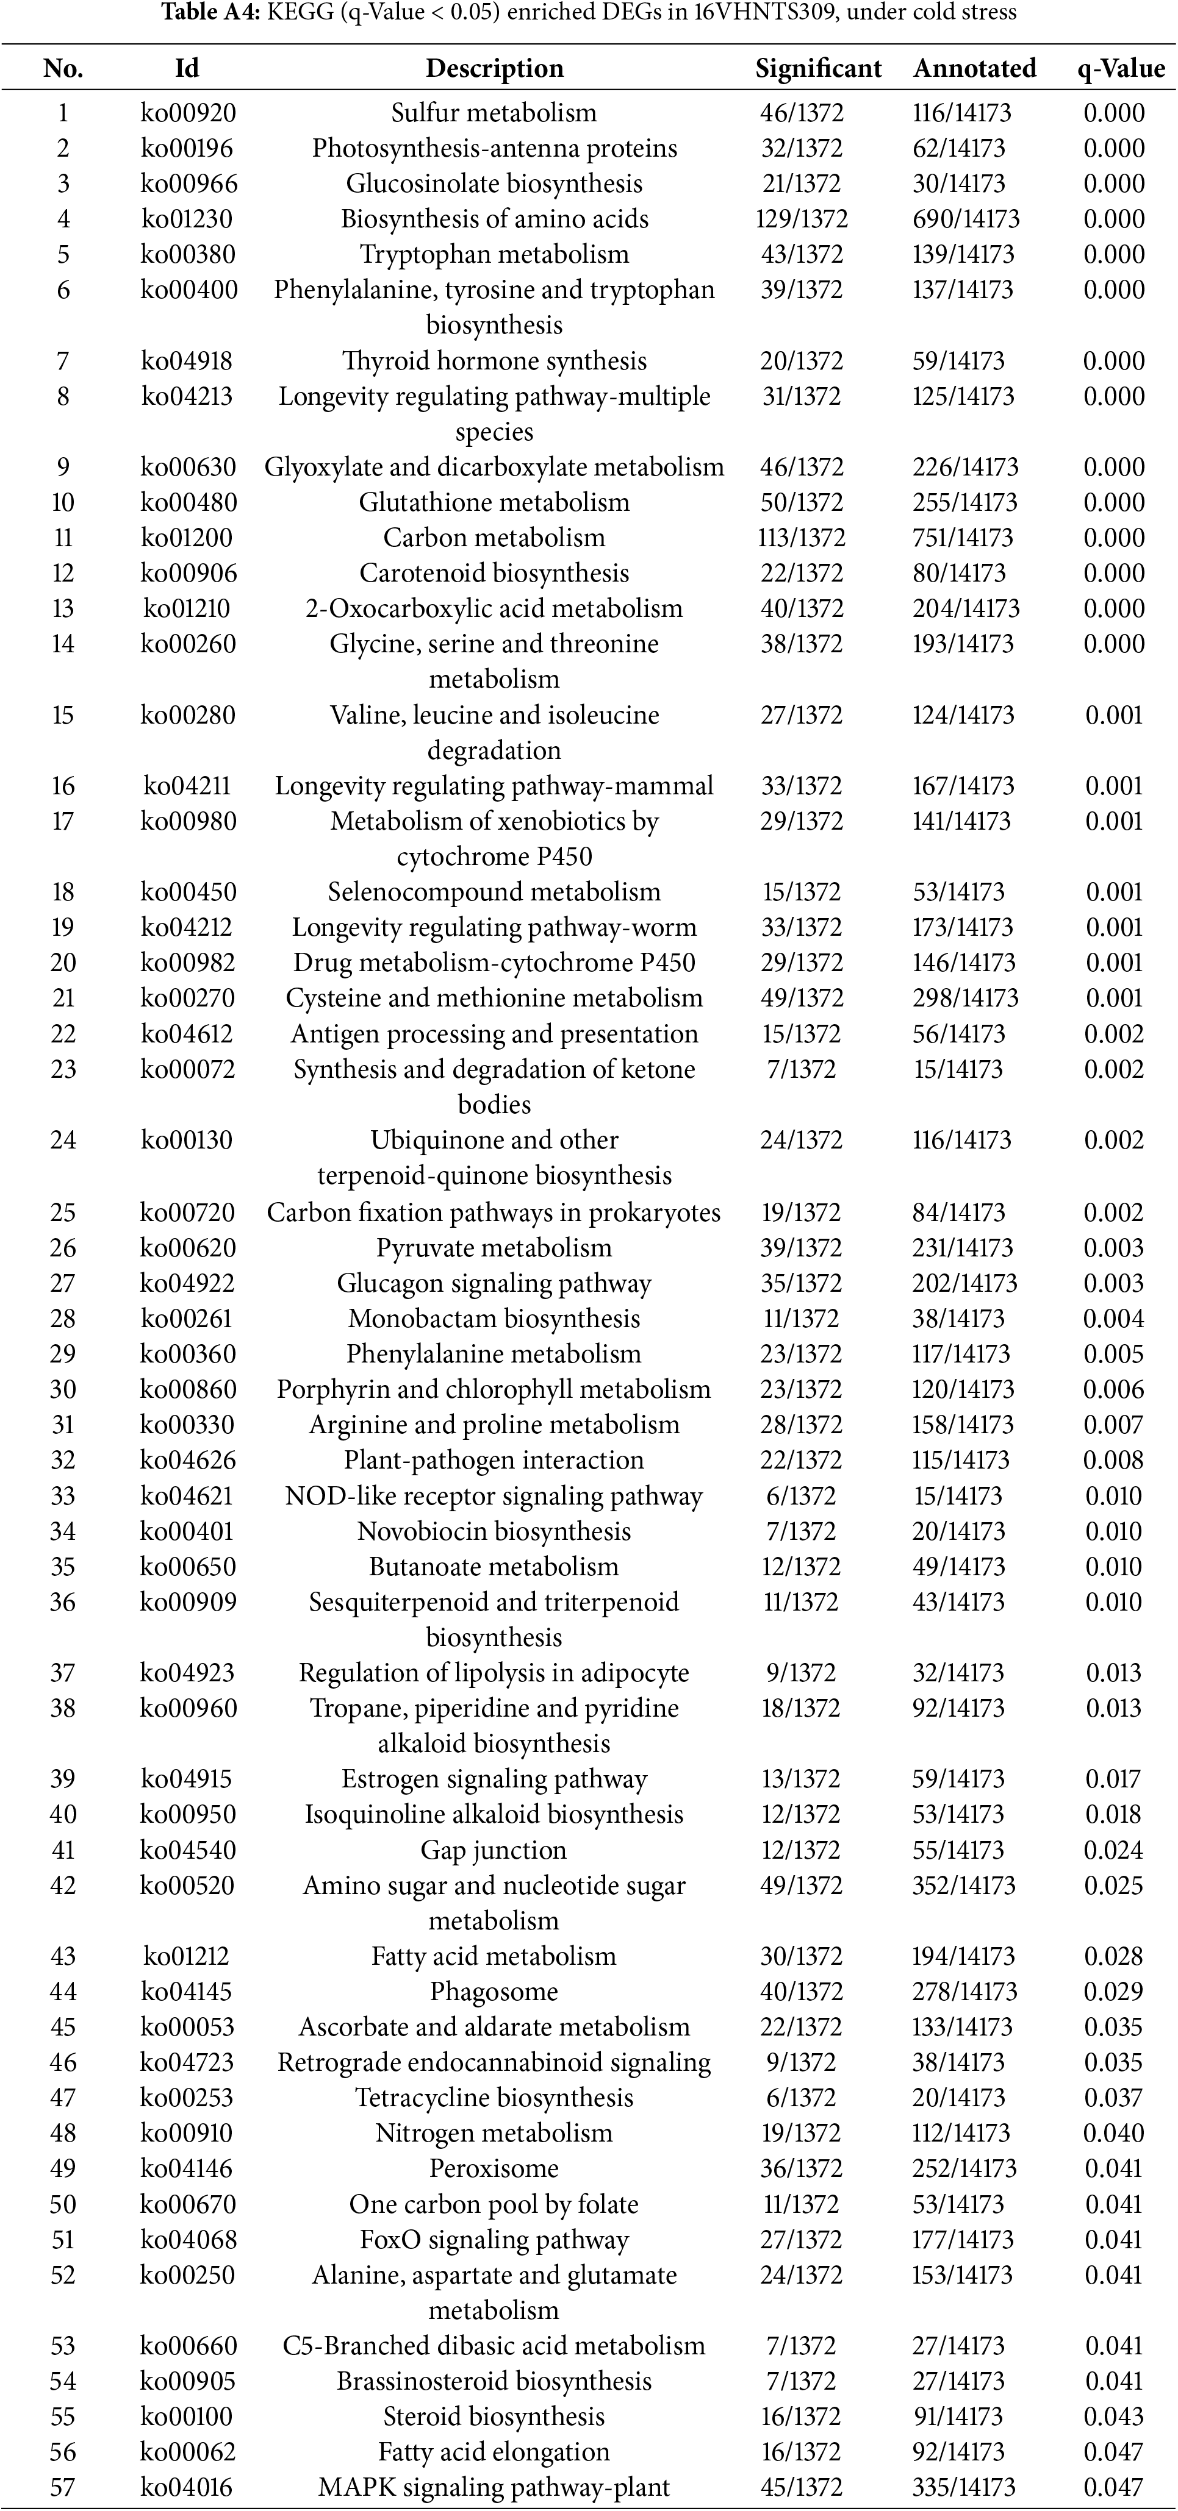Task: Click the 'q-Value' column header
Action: click(x=1121, y=68)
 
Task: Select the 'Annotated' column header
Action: click(x=974, y=68)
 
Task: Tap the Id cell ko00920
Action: click(x=189, y=113)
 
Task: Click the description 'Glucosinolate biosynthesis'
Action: click(x=494, y=184)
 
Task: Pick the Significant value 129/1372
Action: click(x=802, y=219)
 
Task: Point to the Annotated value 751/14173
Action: click(x=963, y=538)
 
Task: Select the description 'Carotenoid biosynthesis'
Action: click(x=494, y=573)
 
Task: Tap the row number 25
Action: click(x=62, y=1213)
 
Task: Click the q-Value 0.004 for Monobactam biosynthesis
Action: click(x=1113, y=1319)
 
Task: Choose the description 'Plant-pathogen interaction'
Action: click(x=494, y=1460)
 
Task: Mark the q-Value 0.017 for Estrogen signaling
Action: click(x=1113, y=1779)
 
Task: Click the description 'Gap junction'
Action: click(x=494, y=1850)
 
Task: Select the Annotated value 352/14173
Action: click(x=963, y=1885)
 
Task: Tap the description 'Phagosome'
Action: click(x=494, y=1992)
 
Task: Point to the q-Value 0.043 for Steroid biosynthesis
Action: click(x=1113, y=2417)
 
